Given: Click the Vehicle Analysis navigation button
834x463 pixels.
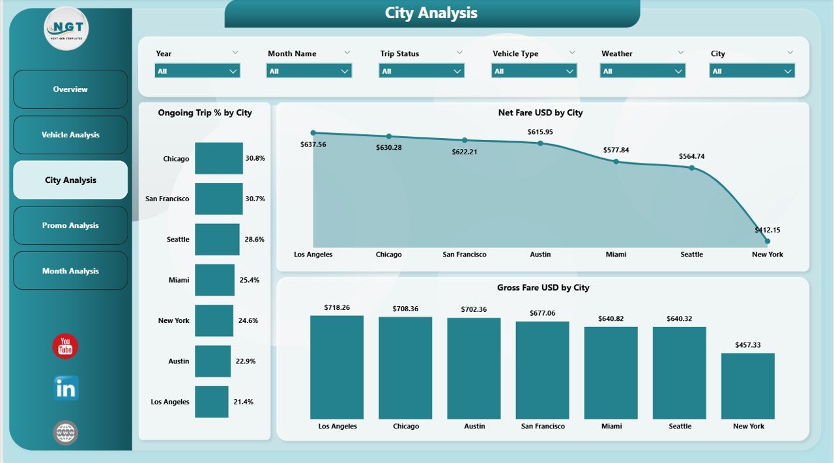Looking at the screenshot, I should [70, 135].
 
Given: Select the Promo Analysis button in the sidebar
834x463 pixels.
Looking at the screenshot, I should [70, 225].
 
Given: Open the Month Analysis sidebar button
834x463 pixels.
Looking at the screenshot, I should [70, 271].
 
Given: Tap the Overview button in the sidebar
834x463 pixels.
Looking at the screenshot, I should [70, 89].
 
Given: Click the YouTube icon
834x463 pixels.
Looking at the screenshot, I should [65, 346].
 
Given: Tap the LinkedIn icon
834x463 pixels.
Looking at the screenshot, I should [66, 388].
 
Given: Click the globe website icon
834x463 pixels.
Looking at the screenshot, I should [66, 432].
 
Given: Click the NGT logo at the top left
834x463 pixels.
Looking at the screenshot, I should [66, 29].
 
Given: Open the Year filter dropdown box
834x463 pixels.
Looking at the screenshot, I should [197, 71].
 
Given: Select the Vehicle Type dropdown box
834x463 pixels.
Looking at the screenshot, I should [534, 71].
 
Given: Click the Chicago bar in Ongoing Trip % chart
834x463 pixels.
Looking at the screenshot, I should [219, 158].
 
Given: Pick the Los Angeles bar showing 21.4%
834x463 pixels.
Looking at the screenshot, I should [212, 402].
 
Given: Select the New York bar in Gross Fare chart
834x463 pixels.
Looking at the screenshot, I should [748, 386].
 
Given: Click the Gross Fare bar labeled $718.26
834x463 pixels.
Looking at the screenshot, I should [337, 367].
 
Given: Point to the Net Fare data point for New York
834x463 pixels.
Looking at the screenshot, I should [768, 241].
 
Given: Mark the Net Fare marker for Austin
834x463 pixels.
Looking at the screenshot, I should [540, 143].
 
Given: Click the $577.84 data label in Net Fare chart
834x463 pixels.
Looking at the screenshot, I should [616, 150].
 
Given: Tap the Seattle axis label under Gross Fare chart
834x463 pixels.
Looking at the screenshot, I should [680, 427].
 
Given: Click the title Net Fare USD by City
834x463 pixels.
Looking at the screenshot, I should [540, 113].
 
